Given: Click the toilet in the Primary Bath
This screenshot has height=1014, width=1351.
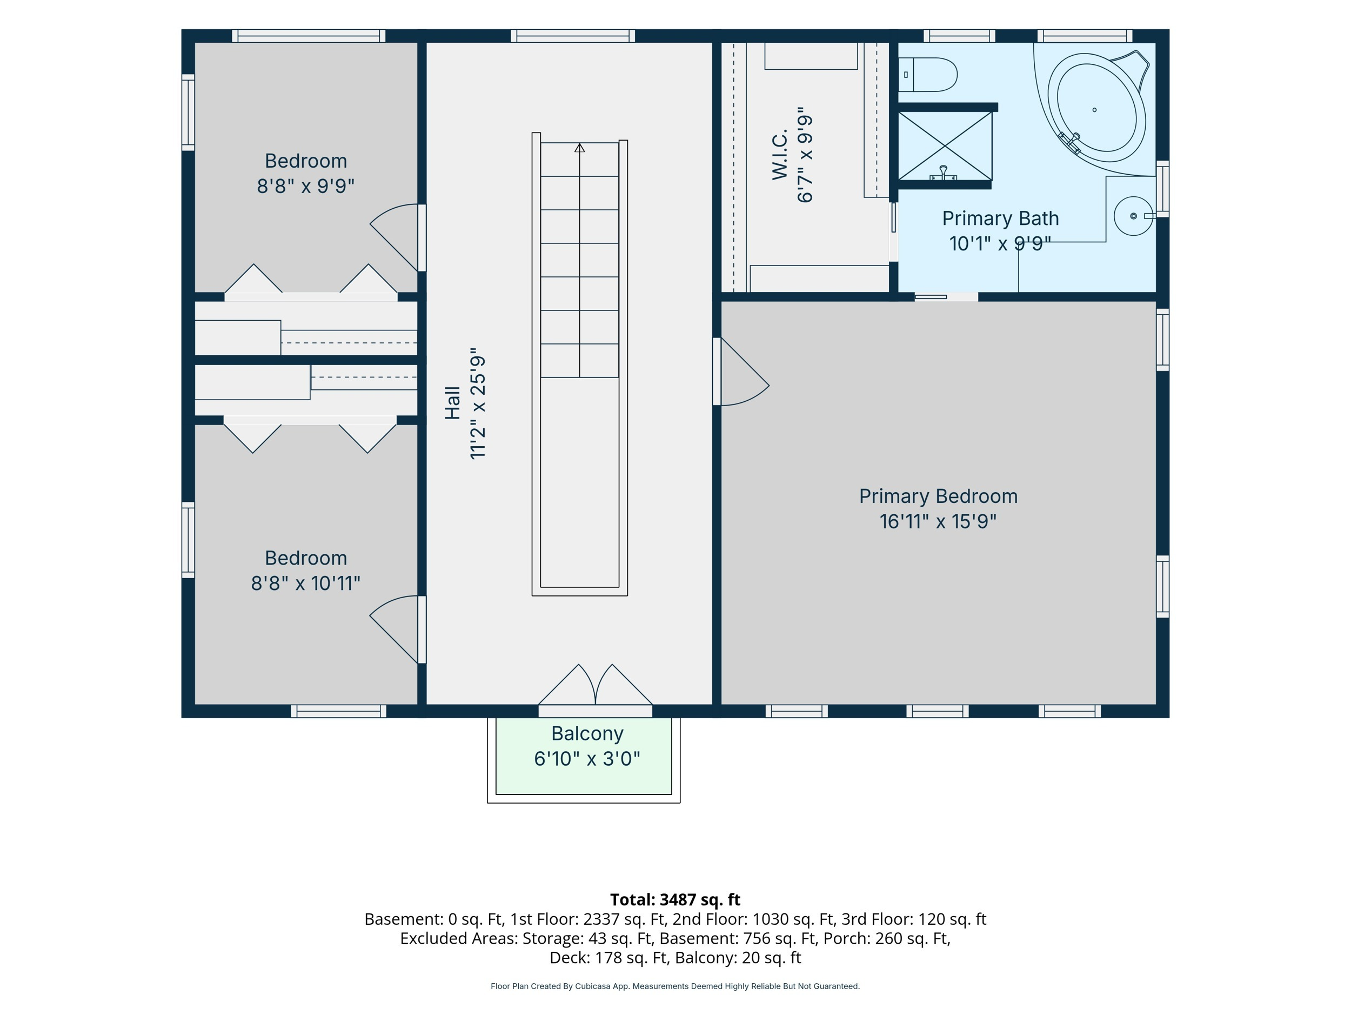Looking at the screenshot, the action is (927, 75).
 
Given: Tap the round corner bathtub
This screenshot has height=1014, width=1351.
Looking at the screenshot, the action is (1097, 108).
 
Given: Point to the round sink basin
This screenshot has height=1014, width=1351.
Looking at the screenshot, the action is (1134, 216).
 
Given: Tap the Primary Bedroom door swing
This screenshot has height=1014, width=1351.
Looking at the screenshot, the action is (741, 372).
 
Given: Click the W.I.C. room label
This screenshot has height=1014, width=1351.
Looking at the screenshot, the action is (780, 154).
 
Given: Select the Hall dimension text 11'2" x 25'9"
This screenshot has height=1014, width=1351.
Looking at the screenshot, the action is (478, 403).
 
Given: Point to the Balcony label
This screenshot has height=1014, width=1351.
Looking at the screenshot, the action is (587, 733).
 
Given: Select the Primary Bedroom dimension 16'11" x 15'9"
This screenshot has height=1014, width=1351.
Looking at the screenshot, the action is (938, 521).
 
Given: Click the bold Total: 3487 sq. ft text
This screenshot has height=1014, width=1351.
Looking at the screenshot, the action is (675, 900).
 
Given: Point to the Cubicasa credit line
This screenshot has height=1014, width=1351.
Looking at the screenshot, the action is (675, 986).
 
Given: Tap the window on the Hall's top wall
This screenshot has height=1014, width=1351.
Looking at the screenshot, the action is (573, 36).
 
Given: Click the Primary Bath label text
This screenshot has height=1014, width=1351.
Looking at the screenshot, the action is (1000, 218).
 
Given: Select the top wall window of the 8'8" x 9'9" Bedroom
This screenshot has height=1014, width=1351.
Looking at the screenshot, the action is (309, 36).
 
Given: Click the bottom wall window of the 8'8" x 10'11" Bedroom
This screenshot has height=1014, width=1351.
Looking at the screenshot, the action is (338, 711).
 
